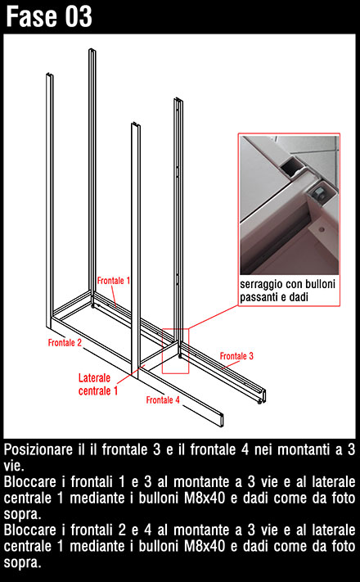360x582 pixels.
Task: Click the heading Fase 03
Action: pos(48,16)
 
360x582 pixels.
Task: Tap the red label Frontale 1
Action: pos(114,281)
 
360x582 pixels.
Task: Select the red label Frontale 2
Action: pos(65,343)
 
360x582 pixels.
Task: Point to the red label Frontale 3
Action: pos(236,356)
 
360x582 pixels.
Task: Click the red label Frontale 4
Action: pos(163,399)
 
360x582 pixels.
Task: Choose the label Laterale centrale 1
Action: pos(98,384)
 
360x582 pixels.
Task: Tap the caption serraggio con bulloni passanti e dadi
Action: pos(287,291)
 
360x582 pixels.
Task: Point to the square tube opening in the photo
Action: pos(290,168)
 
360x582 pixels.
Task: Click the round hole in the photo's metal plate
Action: pos(322,229)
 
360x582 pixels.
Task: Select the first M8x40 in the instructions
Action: pos(205,499)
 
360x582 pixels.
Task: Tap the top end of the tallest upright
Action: pos(92,50)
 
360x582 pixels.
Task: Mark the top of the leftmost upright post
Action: pos(49,75)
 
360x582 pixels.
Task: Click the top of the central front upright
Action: pos(136,124)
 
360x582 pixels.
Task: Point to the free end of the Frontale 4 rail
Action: pos(222,420)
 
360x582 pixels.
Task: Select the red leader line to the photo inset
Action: pos(213,317)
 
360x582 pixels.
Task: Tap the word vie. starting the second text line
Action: pos(14,466)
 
